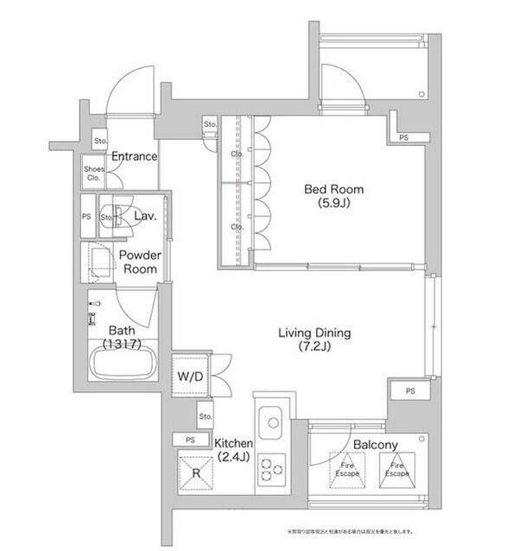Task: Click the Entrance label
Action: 134,156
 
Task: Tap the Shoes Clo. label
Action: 93,174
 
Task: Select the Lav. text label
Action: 144,216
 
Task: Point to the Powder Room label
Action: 138,262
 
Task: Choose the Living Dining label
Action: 313,339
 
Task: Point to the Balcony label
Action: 375,445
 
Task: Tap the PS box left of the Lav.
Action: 86,217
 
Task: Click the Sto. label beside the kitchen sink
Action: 205,416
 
